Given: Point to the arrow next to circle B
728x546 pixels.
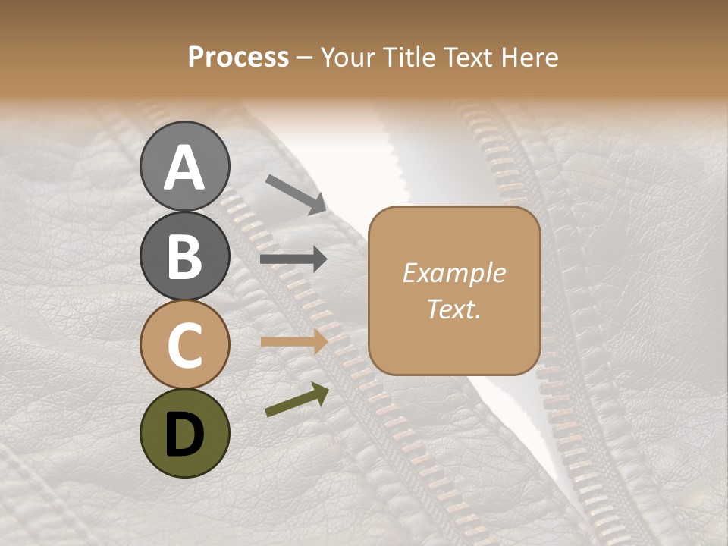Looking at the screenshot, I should coord(293,259).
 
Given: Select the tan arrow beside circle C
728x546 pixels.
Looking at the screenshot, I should coord(293,341).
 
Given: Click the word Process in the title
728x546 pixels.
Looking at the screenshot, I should coord(238,58).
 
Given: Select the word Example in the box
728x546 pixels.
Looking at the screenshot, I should coord(453,273).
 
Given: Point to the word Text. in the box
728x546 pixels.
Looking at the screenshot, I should coord(453,309).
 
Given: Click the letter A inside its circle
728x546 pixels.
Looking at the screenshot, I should coord(184,167).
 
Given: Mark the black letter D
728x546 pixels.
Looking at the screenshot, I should coord(184,435).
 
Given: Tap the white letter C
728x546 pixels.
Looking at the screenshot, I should coord(184,345).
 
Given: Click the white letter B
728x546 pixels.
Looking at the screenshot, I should coord(184,256).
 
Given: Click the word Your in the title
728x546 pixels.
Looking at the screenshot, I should coord(350,58).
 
